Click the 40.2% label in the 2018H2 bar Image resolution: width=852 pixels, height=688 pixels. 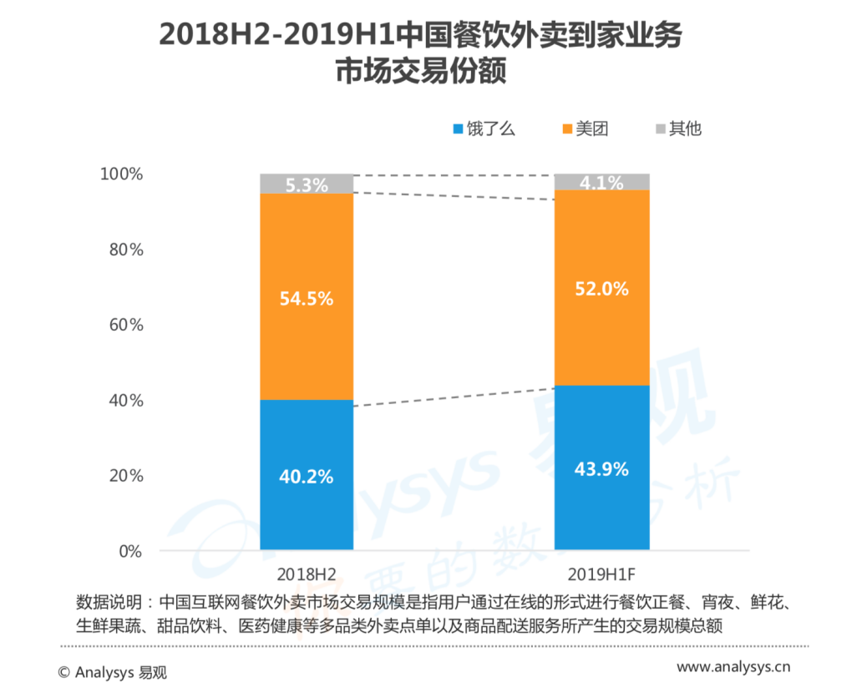coord(307,477)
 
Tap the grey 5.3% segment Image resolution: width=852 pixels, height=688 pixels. coord(307,185)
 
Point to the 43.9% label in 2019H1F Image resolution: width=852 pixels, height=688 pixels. coord(601,469)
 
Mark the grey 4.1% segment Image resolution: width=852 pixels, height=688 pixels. coord(601,181)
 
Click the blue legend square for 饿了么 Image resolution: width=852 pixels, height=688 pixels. coord(457,129)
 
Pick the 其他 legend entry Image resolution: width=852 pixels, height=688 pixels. coord(685,129)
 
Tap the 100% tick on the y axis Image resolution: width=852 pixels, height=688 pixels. coord(122,175)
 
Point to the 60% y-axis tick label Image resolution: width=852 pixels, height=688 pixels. coord(126,325)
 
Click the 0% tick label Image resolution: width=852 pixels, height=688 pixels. coord(130,551)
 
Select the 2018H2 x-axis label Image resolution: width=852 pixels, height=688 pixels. coord(307,575)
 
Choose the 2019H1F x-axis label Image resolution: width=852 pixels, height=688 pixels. coord(601,575)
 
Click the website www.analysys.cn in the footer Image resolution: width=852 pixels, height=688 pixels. coord(733,667)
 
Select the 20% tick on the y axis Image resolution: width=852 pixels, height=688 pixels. coord(126,476)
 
